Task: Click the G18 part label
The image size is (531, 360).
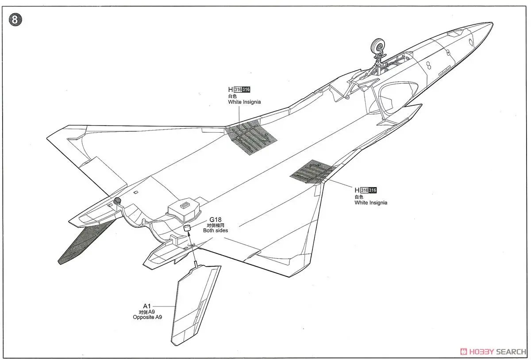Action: (215, 219)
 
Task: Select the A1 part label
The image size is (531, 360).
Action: (147, 306)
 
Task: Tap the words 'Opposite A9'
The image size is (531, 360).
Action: (147, 318)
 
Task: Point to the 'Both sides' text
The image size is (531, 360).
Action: (215, 230)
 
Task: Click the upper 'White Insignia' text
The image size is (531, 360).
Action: (244, 102)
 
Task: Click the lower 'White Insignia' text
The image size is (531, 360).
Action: (370, 203)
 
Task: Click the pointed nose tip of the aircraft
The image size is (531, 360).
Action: (490, 23)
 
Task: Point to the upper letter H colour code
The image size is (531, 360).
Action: (230, 89)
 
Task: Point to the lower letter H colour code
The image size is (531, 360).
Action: (357, 190)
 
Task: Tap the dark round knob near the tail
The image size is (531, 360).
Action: (118, 202)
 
